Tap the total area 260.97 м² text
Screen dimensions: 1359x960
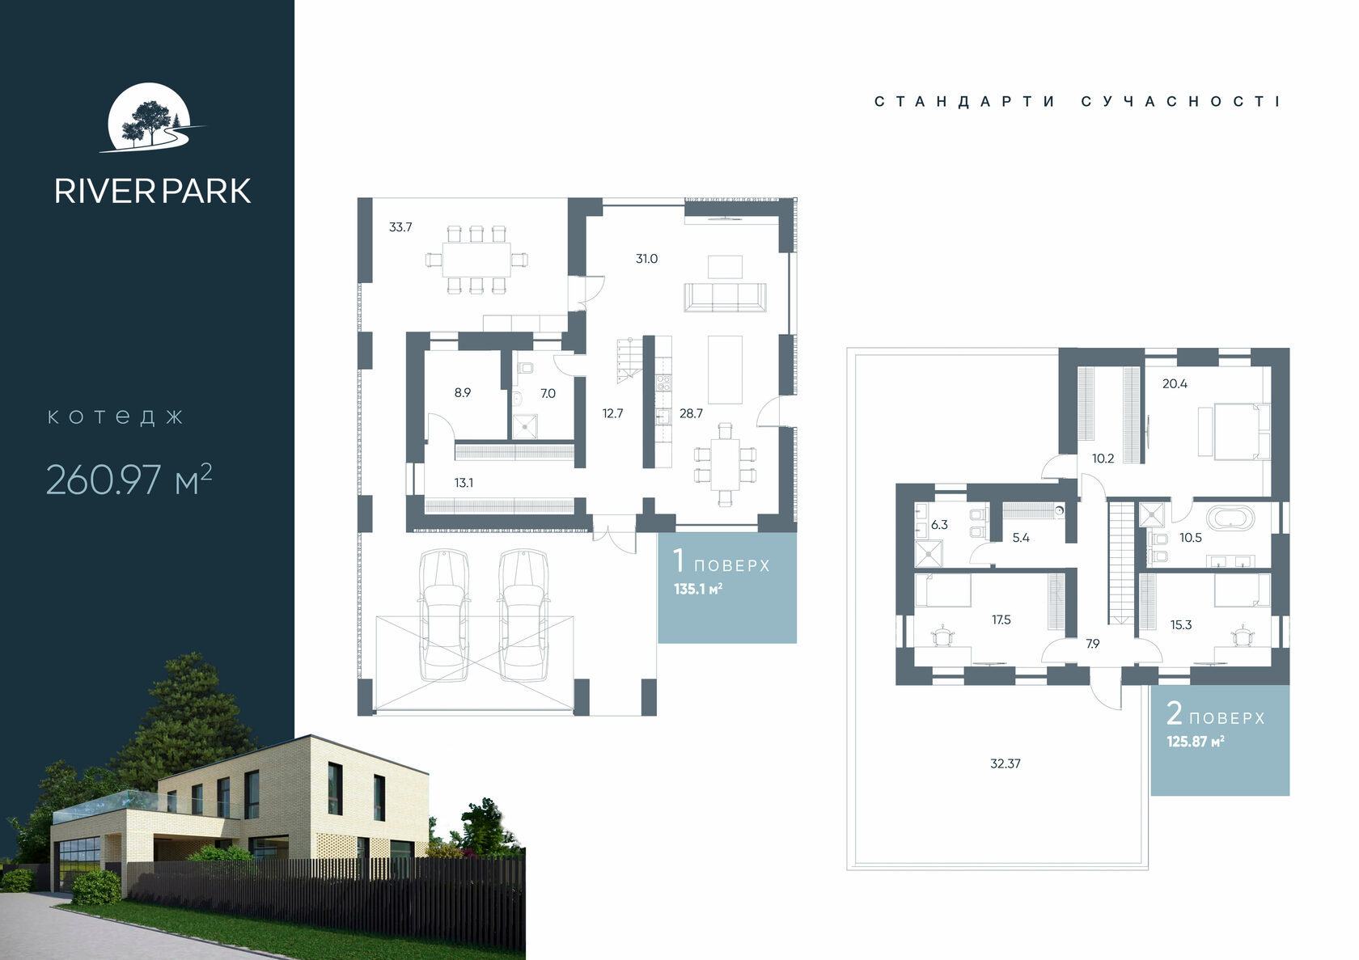pyautogui.click(x=129, y=480)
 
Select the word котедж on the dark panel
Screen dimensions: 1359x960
pyautogui.click(x=115, y=417)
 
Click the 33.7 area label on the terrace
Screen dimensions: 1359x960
pyautogui.click(x=400, y=227)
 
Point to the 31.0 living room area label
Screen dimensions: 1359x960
pyautogui.click(x=647, y=259)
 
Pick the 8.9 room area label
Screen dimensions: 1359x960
pyautogui.click(x=463, y=393)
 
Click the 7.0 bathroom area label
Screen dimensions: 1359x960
pyautogui.click(x=548, y=394)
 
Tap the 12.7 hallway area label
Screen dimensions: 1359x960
pyautogui.click(x=613, y=413)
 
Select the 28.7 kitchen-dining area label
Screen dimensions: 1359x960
pyautogui.click(x=691, y=413)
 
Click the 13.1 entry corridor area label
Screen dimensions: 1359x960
pyautogui.click(x=464, y=484)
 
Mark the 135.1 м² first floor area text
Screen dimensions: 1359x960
pyautogui.click(x=697, y=589)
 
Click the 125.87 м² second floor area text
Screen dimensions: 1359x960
pyautogui.click(x=1196, y=742)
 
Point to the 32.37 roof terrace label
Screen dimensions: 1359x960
pyautogui.click(x=1005, y=764)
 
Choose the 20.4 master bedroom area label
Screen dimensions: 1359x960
pyautogui.click(x=1175, y=384)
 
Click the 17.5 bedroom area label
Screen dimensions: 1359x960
pyautogui.click(x=1001, y=620)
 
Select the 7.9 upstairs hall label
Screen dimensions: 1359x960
pyautogui.click(x=1093, y=644)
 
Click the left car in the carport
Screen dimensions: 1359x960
pyautogui.click(x=444, y=615)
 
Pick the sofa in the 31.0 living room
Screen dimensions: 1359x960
pyautogui.click(x=725, y=297)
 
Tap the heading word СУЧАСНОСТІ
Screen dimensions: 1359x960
pyautogui.click(x=1181, y=101)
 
